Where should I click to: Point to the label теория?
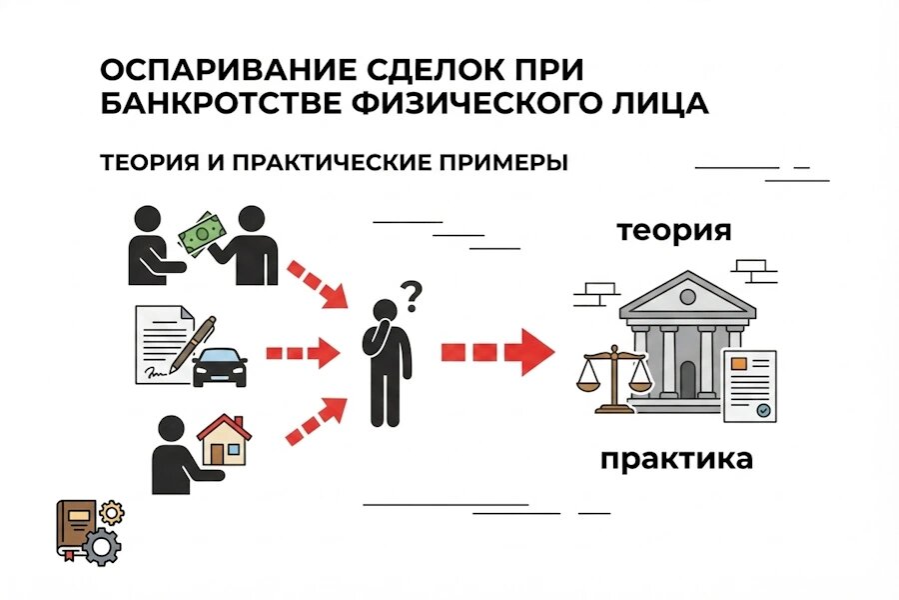click(673, 230)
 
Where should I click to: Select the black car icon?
click(219, 367)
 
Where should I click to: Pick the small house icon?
click(225, 441)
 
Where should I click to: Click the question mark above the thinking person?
click(411, 293)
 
